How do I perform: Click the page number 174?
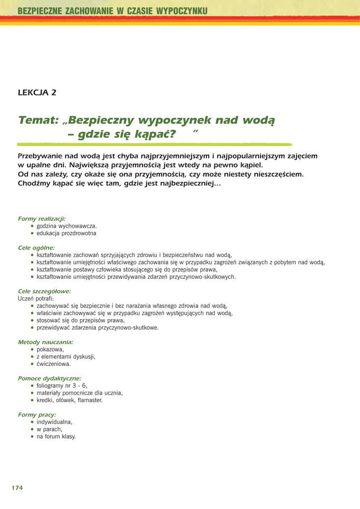click(x=17, y=488)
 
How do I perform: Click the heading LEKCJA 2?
click(x=37, y=92)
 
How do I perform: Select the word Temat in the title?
click(x=38, y=120)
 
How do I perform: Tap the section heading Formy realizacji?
click(x=42, y=219)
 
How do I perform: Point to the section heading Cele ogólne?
click(x=36, y=248)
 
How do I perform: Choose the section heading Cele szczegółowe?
click(x=44, y=291)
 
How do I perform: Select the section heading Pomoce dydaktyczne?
click(x=50, y=378)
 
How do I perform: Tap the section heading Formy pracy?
click(x=37, y=415)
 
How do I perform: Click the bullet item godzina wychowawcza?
click(x=67, y=226)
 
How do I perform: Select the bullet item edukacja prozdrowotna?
click(x=67, y=233)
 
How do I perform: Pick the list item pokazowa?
click(x=50, y=349)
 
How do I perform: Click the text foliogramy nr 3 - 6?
click(x=62, y=386)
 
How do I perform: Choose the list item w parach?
click(x=49, y=429)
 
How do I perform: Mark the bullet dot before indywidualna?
click(x=32, y=422)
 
